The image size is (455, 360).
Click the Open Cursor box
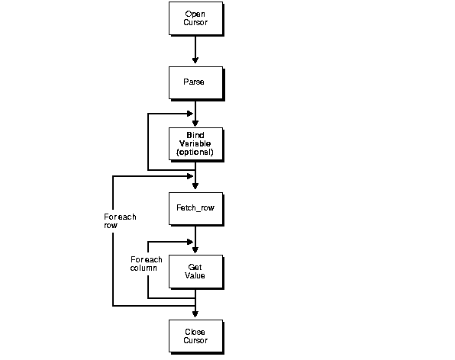click(x=195, y=18)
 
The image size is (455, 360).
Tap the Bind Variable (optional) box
click(x=195, y=143)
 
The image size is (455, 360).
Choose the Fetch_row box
click(x=195, y=207)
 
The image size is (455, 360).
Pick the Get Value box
click(x=195, y=271)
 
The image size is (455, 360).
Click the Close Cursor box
click(x=195, y=336)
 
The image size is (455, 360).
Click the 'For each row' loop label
click(x=120, y=221)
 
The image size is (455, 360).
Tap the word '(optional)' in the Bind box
click(x=195, y=153)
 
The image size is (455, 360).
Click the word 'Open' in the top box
click(x=195, y=14)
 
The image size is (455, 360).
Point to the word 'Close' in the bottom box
click(x=195, y=331)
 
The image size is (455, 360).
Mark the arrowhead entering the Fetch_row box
click(x=196, y=188)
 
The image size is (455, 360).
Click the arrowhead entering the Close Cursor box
click(x=196, y=315)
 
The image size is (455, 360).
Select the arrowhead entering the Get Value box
click(x=196, y=251)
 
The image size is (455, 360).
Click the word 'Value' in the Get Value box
click(x=195, y=275)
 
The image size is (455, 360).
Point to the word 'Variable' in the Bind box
click(x=195, y=143)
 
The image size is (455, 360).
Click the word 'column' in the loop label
click(x=143, y=268)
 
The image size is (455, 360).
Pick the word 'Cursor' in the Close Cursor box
click(x=195, y=340)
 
